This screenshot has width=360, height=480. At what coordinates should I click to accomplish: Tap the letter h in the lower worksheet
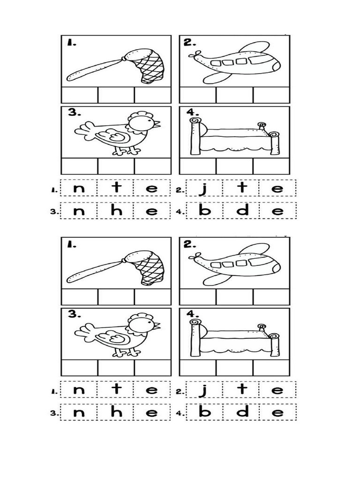pyautogui.click(x=116, y=412)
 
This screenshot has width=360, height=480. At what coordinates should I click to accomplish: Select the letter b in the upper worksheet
pyautogui.click(x=204, y=210)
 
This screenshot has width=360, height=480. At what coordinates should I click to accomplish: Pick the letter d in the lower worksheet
pyautogui.click(x=242, y=412)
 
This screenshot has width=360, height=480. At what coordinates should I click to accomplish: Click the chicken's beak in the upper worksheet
pyautogui.click(x=157, y=124)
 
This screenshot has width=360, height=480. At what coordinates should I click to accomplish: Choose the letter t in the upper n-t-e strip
pyautogui.click(x=116, y=187)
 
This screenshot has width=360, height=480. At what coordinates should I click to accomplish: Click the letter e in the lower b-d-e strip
pyautogui.click(x=277, y=413)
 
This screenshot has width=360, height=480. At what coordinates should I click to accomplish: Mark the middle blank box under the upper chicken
pyautogui.click(x=116, y=166)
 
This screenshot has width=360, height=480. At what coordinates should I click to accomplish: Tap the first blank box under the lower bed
pyautogui.click(x=198, y=368)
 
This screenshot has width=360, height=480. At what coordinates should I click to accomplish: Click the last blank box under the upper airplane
pyautogui.click(x=271, y=95)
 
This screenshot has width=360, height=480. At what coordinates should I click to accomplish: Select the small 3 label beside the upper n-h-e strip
pyautogui.click(x=53, y=211)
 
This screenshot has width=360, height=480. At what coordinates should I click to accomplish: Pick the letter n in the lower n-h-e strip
pyautogui.click(x=79, y=413)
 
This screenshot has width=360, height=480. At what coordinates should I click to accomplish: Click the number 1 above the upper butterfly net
pyautogui.click(x=71, y=43)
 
